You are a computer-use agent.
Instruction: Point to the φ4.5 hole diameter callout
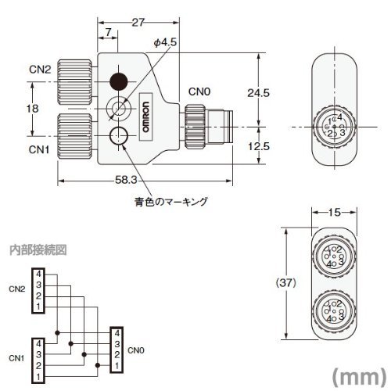click(163, 41)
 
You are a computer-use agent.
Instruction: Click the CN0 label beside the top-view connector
click(197, 91)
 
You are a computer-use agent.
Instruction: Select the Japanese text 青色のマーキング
click(170, 202)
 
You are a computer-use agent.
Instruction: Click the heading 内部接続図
click(37, 250)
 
